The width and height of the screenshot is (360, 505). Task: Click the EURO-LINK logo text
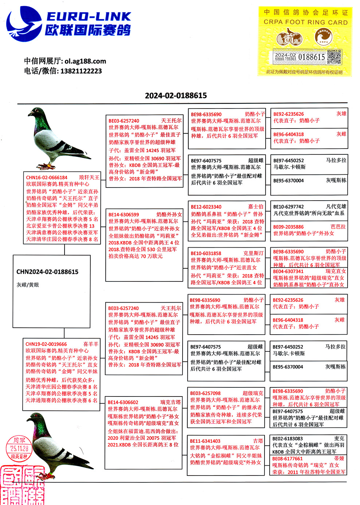click(x=88, y=16)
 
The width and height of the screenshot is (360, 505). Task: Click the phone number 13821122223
click(x=81, y=71)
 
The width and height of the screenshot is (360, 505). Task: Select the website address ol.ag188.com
click(x=85, y=61)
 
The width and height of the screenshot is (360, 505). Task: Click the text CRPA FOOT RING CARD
click(x=305, y=22)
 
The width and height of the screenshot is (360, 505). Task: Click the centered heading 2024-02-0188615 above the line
click(x=176, y=96)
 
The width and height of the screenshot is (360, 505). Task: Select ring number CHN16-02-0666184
click(x=47, y=178)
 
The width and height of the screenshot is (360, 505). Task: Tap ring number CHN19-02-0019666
click(x=46, y=344)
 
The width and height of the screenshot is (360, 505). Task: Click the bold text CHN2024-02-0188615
click(x=47, y=272)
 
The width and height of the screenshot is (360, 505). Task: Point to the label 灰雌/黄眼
click(x=28, y=285)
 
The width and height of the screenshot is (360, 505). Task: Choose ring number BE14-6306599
click(x=124, y=215)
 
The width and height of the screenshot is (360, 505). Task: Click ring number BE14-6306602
click(x=123, y=402)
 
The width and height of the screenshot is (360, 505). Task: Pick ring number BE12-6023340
click(x=206, y=207)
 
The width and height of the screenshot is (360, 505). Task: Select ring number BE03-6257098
click(x=205, y=393)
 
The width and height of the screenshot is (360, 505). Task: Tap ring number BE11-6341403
click(x=205, y=441)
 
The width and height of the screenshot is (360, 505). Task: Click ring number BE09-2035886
click(x=288, y=227)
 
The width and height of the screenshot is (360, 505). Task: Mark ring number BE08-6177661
click(x=287, y=459)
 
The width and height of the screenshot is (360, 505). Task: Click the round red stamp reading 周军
click(x=19, y=448)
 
